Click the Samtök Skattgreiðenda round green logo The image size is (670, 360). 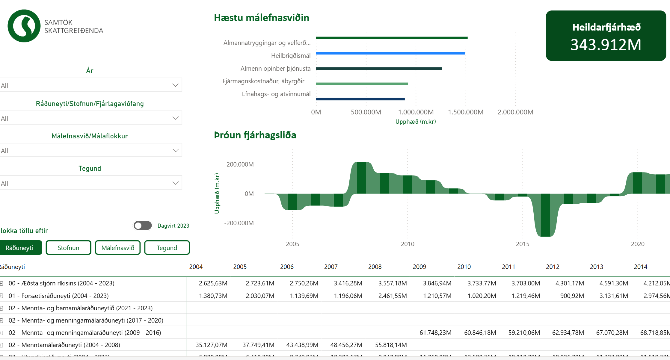(24, 26)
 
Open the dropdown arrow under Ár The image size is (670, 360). (175, 85)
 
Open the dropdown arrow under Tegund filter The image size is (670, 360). (175, 183)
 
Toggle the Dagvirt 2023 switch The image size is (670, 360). (143, 226)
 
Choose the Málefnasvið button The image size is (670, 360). (118, 248)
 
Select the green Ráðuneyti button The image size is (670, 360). (19, 248)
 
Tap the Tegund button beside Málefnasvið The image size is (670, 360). (167, 248)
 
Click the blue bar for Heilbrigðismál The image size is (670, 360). (390, 53)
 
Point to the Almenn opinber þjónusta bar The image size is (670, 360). (379, 69)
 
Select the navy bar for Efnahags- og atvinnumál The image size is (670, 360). (360, 99)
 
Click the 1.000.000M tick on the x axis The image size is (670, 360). (416, 112)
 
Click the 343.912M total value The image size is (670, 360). (606, 45)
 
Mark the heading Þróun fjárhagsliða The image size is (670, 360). (255, 135)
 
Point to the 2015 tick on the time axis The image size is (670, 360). (523, 244)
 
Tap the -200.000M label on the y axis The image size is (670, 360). (239, 223)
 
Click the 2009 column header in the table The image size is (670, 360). (419, 267)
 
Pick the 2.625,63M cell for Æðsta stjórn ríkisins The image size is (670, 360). (213, 283)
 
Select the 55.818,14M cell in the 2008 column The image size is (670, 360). (391, 345)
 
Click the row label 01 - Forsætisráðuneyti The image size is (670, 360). (59, 296)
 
